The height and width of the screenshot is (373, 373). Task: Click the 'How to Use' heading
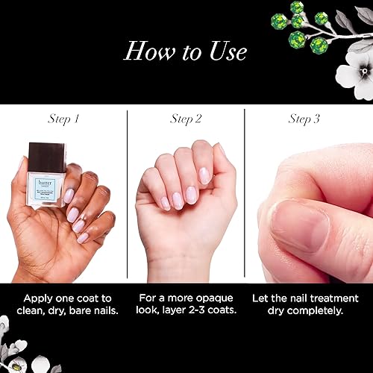click(186, 51)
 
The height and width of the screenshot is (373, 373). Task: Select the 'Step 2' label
click(186, 119)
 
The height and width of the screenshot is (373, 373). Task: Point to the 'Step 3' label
click(304, 119)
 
